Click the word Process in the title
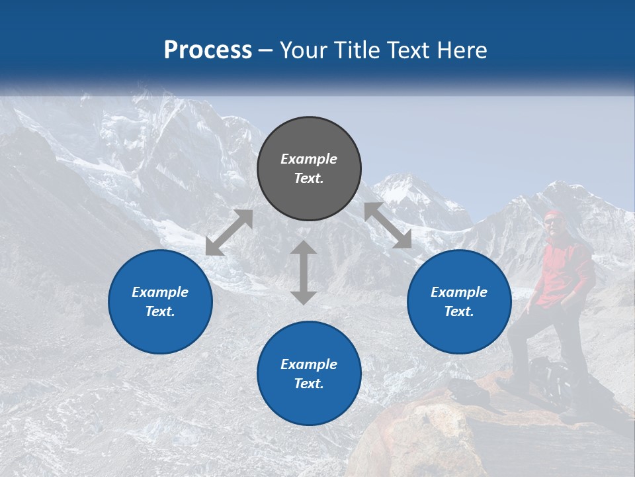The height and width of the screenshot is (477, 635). pos(208,50)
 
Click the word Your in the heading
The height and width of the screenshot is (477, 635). pos(305,50)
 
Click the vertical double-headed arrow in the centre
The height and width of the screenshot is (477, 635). pos(304,272)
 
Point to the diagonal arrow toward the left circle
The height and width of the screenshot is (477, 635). pos(229,233)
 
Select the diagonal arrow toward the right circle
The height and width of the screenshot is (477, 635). pos(388,225)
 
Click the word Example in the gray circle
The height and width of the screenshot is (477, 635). pos(309,159)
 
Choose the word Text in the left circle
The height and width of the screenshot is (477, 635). pos(160,311)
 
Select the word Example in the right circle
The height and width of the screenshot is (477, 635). pos(459,292)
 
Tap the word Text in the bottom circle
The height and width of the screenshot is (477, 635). pos(309,384)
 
